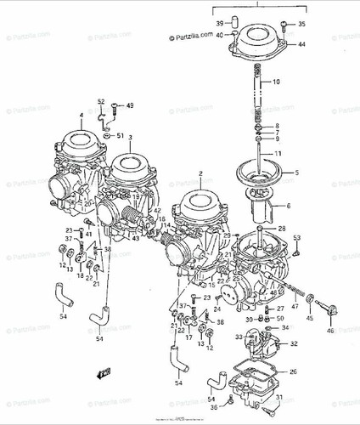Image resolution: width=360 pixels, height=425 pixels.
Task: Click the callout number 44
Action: tap(301, 43)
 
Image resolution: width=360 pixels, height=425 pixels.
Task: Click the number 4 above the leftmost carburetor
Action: tap(82, 114)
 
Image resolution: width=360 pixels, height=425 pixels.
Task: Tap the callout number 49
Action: tap(130, 105)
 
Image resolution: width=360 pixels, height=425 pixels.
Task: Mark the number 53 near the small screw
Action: tap(296, 239)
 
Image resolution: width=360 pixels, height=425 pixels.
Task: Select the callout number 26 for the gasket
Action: tap(293, 371)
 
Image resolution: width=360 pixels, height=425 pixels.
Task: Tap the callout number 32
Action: tap(294, 343)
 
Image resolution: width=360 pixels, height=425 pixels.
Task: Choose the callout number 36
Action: tap(215, 407)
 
